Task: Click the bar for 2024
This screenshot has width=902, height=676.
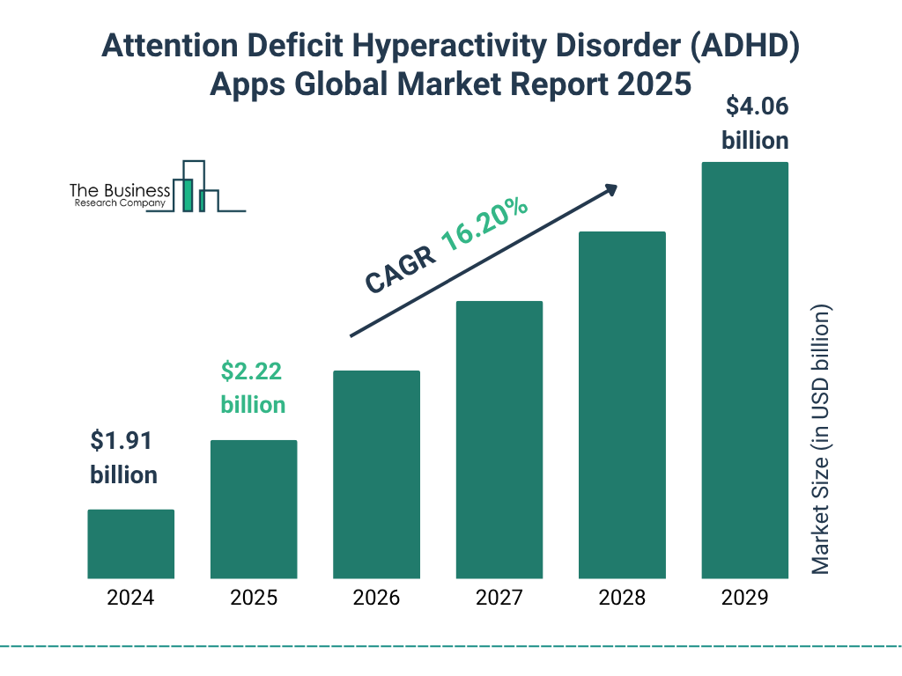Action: (130, 544)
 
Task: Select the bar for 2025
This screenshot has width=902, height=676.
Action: (254, 509)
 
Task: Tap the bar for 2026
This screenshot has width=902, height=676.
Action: (376, 474)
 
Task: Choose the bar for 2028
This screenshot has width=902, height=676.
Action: (622, 405)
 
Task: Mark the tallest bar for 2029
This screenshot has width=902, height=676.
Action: (744, 371)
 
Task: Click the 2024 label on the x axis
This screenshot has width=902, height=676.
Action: (130, 599)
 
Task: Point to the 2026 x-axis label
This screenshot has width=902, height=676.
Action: (376, 599)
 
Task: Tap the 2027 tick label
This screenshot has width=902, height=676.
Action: (499, 599)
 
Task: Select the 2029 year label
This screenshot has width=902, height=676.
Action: (744, 599)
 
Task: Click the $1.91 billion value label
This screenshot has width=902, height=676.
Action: (124, 458)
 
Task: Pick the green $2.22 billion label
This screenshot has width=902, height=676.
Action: (253, 388)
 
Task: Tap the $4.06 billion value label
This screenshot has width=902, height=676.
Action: (756, 123)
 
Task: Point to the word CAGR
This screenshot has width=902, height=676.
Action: (399, 269)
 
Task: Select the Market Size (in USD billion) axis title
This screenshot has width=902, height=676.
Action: (821, 440)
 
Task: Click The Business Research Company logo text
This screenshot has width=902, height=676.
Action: (120, 196)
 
